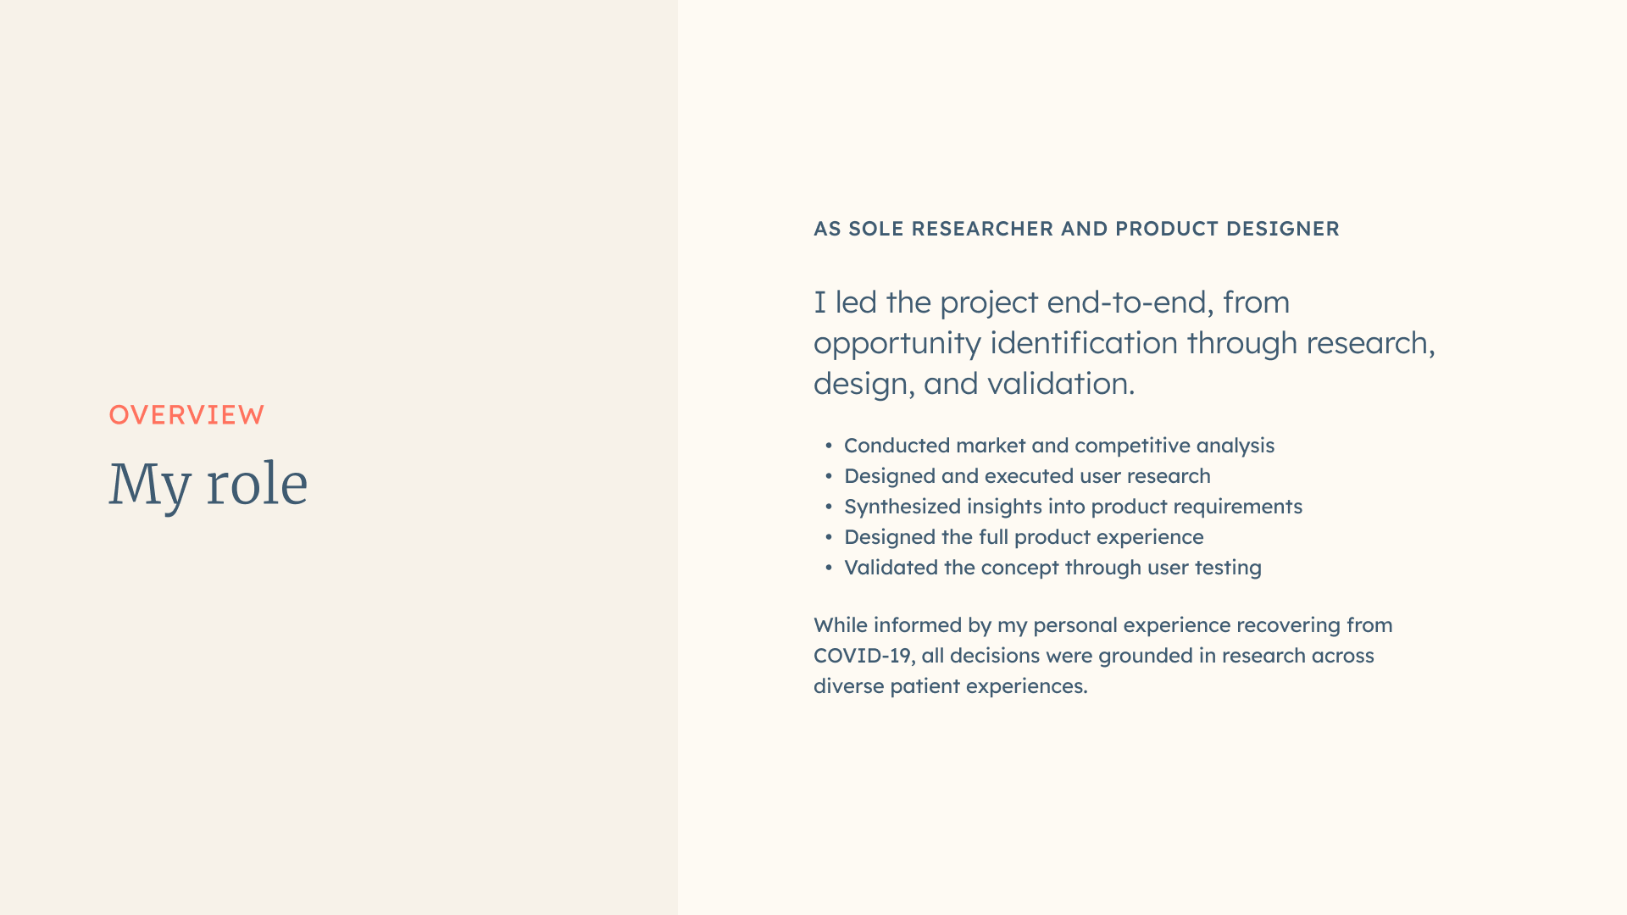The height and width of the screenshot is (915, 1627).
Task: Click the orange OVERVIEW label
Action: [186, 415]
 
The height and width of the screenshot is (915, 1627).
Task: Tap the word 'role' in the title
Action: [257, 484]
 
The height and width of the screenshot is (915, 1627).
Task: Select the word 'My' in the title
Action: [150, 486]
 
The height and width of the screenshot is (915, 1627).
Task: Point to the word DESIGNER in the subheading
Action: [1283, 229]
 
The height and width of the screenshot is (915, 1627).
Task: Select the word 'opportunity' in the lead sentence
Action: [897, 345]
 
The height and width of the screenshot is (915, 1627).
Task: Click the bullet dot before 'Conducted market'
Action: [829, 446]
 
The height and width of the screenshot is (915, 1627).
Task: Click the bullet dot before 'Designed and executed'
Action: [829, 476]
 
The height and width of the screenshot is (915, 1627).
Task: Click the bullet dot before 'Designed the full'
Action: [829, 537]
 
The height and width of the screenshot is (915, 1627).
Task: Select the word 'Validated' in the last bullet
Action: [891, 568]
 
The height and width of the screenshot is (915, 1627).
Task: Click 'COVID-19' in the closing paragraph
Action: [863, 656]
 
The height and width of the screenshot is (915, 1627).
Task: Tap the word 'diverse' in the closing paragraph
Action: [848, 686]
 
